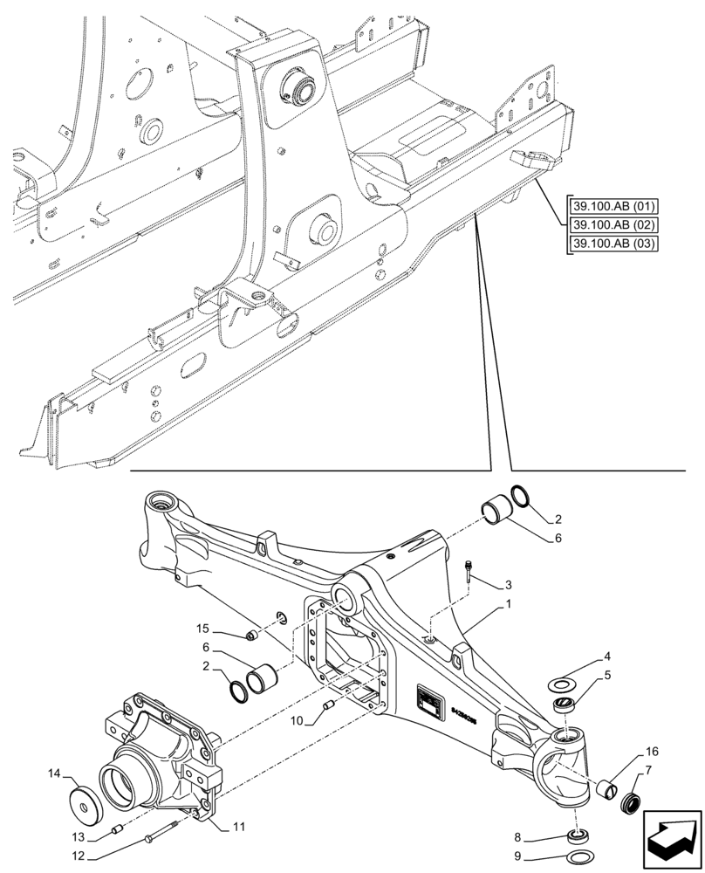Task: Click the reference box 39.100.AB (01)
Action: pyautogui.click(x=613, y=207)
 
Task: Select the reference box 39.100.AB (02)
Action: pyautogui.click(x=613, y=224)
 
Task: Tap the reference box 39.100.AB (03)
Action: pyautogui.click(x=613, y=243)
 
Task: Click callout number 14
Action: pyautogui.click(x=54, y=773)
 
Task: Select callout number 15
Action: pyautogui.click(x=202, y=629)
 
